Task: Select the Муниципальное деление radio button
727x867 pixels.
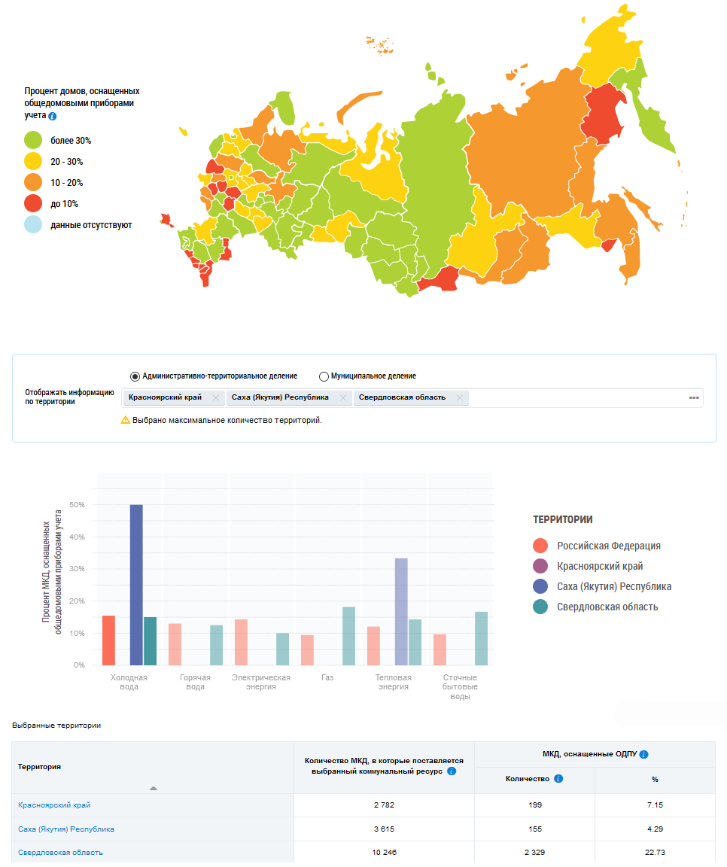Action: [x=324, y=376]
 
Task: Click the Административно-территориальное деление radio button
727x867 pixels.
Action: [x=135, y=376]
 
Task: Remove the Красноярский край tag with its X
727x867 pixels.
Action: [x=215, y=397]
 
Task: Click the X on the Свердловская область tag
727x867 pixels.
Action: [x=458, y=397]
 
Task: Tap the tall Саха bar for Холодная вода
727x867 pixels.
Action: [x=136, y=585]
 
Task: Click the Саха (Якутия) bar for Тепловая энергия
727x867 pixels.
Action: [x=401, y=611]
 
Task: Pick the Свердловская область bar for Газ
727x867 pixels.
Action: [x=348, y=636]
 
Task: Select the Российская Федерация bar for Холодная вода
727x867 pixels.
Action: [x=108, y=640]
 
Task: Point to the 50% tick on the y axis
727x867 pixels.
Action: [x=77, y=504]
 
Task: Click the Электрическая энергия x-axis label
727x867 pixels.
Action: [x=261, y=682]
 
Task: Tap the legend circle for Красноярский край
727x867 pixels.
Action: [x=540, y=566]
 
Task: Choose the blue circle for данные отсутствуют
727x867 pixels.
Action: [x=33, y=224]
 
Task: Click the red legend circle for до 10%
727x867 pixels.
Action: [x=33, y=203]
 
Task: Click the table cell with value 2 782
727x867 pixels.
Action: [x=384, y=805]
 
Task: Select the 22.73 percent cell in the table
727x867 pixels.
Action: [x=655, y=852]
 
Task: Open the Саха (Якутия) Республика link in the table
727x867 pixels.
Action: [x=66, y=829]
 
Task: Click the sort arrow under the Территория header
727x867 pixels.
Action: [x=154, y=788]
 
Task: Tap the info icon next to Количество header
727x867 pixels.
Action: [x=558, y=779]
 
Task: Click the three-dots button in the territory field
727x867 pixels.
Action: [x=694, y=397]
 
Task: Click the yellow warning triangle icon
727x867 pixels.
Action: [x=126, y=420]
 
